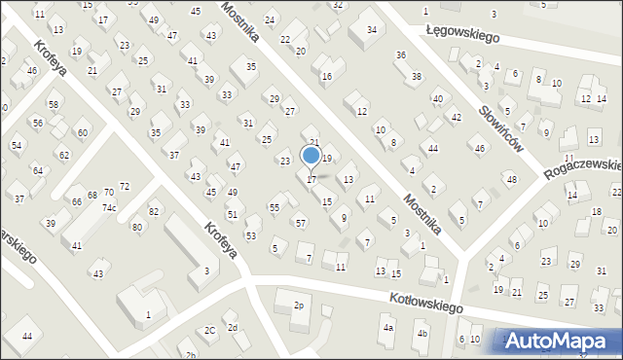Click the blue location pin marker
[x=311, y=156]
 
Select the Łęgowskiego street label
[x=461, y=33]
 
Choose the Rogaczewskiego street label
[x=590, y=161]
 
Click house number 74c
[x=110, y=208]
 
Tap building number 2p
[x=299, y=306]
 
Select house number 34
[x=372, y=29]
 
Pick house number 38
[x=417, y=76]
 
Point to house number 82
[x=153, y=211]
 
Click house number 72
[x=124, y=186]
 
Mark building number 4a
[x=387, y=328]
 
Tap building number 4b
[x=421, y=334]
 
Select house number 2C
[x=209, y=330]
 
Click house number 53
[x=251, y=236]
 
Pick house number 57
[x=301, y=224]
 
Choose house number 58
[x=54, y=104]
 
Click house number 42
[x=456, y=117]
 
